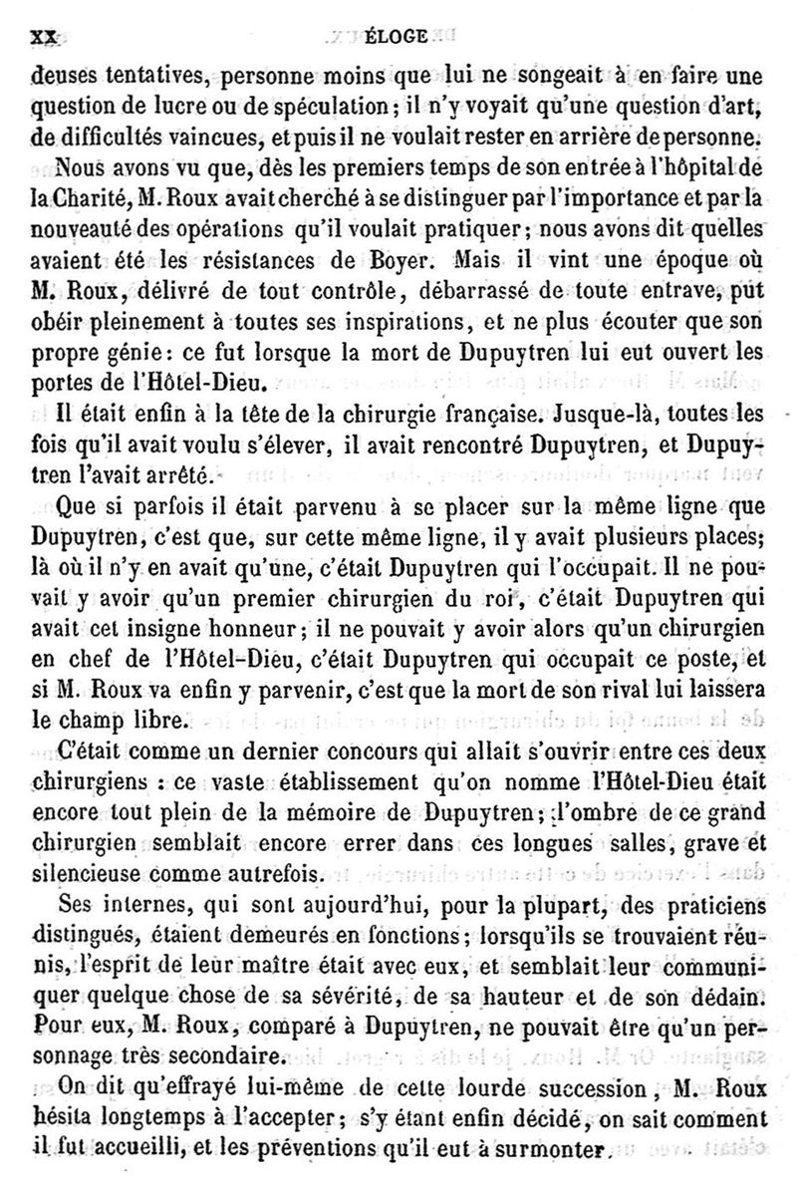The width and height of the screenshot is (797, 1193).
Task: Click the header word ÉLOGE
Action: [x=398, y=39]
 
